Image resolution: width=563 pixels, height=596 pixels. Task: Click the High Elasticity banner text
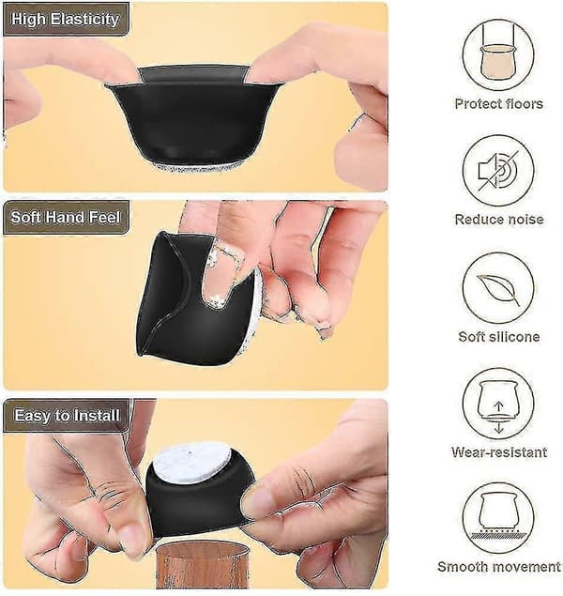coord(65,19)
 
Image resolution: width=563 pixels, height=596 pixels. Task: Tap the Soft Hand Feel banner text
coord(66,217)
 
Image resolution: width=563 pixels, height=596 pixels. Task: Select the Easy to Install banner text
coord(67,415)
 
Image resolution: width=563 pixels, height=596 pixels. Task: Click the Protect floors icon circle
coord(498,54)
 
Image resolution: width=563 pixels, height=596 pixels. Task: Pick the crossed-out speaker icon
coord(498,171)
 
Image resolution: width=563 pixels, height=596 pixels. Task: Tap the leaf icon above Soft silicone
coord(498,289)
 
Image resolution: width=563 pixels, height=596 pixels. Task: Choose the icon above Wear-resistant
coord(498,404)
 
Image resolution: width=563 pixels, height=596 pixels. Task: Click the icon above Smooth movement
coord(498,518)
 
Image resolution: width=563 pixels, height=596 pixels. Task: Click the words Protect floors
coord(499,104)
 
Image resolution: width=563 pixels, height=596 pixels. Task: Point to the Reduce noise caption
coord(499,220)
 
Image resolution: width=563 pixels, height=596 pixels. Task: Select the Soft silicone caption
coord(499,336)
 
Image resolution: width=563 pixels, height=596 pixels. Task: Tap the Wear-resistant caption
coord(499,452)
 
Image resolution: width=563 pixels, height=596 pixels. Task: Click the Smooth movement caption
coord(499,567)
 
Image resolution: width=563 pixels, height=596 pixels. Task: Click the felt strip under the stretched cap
coord(198,166)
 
